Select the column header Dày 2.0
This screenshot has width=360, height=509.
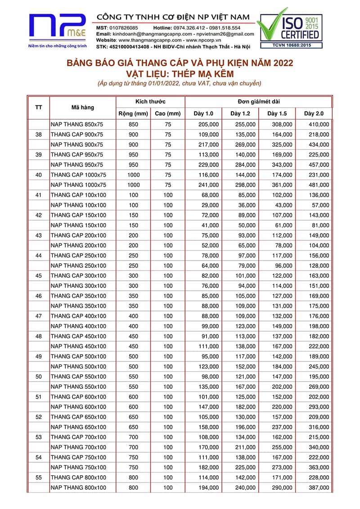pyautogui.click(x=313, y=113)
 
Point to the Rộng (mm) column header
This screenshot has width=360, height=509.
pyautogui.click(x=133, y=113)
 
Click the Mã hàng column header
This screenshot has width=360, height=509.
pyautogui.click(x=83, y=108)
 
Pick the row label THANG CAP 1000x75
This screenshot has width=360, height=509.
pyautogui.click(x=78, y=175)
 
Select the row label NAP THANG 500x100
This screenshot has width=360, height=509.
pyautogui.click(x=78, y=366)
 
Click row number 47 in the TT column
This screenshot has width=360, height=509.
pyautogui.click(x=39, y=316)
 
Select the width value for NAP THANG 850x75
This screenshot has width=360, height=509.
pyautogui.click(x=133, y=124)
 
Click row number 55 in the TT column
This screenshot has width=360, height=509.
pyautogui.click(x=39, y=477)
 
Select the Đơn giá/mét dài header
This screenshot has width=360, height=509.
pyautogui.click(x=259, y=102)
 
